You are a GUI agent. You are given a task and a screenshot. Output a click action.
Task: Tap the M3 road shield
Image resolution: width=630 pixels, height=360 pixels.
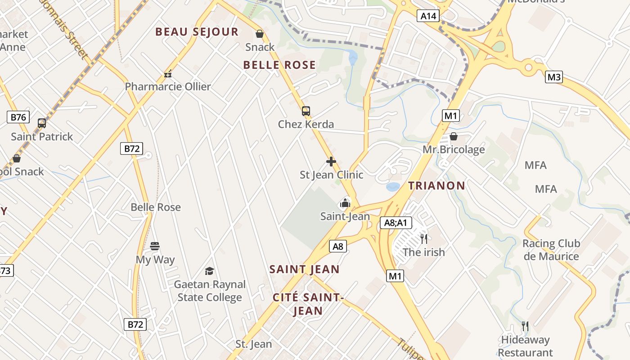(554, 77)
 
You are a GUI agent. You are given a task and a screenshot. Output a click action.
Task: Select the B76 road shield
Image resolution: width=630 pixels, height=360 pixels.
(18, 117)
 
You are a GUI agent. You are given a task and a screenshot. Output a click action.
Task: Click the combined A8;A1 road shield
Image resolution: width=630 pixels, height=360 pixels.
(396, 222)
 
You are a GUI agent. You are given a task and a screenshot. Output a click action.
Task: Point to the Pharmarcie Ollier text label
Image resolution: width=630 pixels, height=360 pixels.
(167, 86)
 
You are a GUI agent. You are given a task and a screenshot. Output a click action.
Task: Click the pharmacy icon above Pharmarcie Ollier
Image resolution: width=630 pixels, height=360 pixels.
(168, 73)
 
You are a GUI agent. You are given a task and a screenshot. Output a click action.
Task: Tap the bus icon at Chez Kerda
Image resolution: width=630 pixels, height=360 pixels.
(306, 111)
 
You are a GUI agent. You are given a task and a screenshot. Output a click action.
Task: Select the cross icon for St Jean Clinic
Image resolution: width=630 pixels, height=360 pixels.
(331, 161)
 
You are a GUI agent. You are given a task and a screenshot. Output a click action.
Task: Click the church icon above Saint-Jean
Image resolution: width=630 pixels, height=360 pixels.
(345, 203)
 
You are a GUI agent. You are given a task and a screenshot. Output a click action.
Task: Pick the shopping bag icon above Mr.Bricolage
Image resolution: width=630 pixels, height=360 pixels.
(454, 136)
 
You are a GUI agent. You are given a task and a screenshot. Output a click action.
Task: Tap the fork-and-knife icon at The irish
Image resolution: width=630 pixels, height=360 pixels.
(423, 238)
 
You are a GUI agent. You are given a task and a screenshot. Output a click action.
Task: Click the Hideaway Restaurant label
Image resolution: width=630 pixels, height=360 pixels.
(525, 346)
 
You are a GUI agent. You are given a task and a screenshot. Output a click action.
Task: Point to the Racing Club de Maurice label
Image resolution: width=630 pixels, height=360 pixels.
(551, 250)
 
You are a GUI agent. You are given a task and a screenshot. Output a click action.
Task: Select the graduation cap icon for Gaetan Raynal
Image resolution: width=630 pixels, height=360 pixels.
(209, 271)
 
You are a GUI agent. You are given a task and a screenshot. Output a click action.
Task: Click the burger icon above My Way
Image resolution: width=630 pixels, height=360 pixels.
(155, 246)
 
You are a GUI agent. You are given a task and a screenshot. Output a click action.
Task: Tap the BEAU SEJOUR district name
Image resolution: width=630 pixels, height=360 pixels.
(197, 32)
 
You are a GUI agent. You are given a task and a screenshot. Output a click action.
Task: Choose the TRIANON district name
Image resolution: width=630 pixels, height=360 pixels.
(436, 185)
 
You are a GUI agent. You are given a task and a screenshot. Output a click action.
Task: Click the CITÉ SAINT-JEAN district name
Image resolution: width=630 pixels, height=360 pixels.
(308, 304)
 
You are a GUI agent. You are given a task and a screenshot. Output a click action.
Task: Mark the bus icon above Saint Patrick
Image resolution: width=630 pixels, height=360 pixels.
(42, 123)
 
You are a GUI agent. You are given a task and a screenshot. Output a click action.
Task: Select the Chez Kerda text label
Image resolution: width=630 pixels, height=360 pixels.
(306, 124)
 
